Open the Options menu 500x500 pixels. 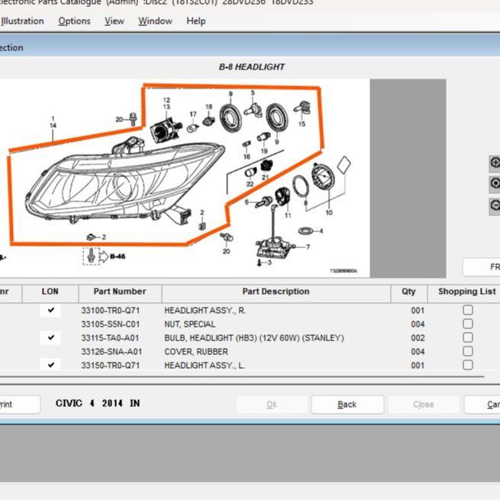point(74,21)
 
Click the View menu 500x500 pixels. point(115,21)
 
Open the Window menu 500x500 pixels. point(155,21)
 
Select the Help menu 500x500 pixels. point(196,21)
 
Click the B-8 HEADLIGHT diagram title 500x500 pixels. point(251,67)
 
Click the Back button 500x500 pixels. point(347,405)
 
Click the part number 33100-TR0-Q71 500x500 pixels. point(111,311)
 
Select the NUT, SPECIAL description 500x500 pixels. point(189,324)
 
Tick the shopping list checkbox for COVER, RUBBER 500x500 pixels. point(467,352)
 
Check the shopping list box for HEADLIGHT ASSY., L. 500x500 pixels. point(467,366)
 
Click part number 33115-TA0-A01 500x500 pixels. point(111,338)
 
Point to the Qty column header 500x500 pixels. point(409,292)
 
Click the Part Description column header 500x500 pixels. point(276,292)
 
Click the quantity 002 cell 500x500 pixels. point(418,338)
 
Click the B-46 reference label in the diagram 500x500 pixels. point(117,256)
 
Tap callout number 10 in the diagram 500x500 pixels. point(329,212)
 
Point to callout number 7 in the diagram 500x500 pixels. point(308,247)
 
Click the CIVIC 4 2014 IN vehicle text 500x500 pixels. point(98,403)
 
